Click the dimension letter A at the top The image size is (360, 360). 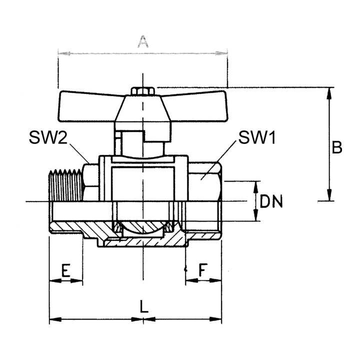point(143,41)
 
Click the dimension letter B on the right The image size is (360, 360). point(337,147)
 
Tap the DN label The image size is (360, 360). point(271,201)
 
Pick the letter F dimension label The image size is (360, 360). point(202,270)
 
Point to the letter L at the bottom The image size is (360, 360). point(144,306)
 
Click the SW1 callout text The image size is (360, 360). point(257,138)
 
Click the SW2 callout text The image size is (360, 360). point(48,138)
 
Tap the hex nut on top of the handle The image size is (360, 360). point(142,91)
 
